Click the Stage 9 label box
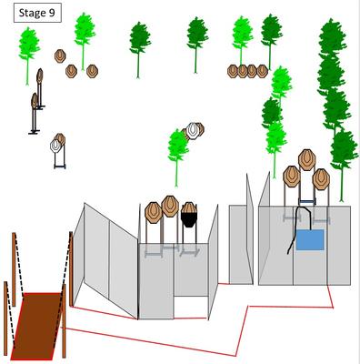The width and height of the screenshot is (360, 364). pos(37,13)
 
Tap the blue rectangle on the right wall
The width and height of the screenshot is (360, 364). pos(310,239)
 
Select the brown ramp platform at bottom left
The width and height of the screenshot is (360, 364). pos(36,326)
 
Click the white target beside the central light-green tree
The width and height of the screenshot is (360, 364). pos(193,131)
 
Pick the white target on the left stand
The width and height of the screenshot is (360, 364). pos(55,146)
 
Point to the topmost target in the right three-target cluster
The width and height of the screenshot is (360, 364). pos(307,160)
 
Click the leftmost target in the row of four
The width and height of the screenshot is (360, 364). pos(233,71)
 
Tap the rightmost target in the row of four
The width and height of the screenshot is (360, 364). pos(263,71)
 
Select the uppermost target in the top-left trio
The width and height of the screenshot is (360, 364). pos(60,56)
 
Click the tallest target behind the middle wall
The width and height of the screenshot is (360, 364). pos(170,207)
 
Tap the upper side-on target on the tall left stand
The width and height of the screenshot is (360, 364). pos(40,76)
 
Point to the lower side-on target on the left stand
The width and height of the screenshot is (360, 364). pos(35,101)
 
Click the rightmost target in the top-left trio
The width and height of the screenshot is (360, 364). pos(92,71)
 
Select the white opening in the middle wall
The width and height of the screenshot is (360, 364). pos(191,307)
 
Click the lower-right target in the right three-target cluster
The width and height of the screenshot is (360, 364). pos(321,179)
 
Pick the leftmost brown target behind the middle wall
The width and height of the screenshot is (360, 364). pos(154,213)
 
